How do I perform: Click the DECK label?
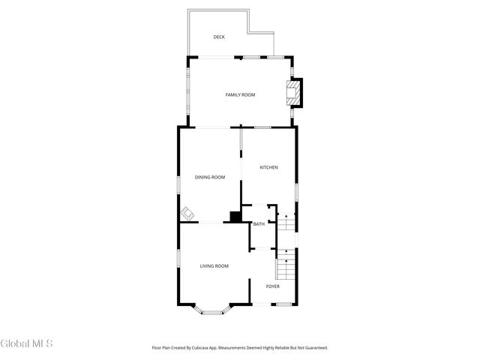219,37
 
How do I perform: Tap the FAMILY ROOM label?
241,94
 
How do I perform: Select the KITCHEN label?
268,167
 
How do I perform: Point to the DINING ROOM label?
210,177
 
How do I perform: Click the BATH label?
259,224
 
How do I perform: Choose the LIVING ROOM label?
214,265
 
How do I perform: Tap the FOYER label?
273,286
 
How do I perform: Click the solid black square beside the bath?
235,217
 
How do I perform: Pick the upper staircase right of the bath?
285,223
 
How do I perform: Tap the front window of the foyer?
283,304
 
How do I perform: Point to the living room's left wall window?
178,259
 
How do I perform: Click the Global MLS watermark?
26,344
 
